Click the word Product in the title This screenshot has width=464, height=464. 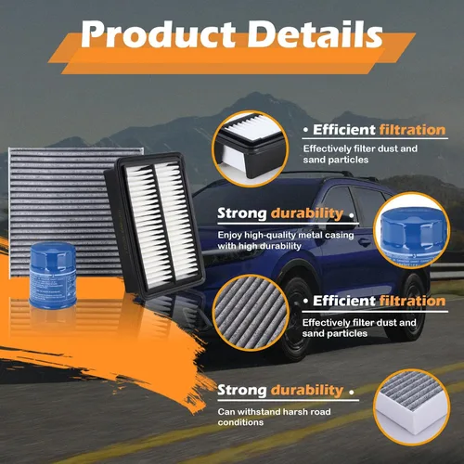click(158, 34)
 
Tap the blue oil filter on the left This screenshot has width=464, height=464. click(53, 275)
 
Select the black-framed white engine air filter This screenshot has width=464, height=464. click(155, 225)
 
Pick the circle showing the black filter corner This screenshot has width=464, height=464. click(250, 148)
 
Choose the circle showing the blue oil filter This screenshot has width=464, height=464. click(411, 230)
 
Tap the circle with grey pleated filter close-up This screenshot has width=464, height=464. click(250, 313)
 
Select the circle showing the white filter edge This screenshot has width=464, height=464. click(411, 407)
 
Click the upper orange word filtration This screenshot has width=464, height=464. click(412, 130)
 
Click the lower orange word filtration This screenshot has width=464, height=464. click(412, 301)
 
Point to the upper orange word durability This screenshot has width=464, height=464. click(307, 213)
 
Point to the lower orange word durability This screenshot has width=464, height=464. click(307, 391)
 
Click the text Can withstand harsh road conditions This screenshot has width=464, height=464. click(274, 417)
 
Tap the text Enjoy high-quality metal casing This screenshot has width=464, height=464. click(286, 235)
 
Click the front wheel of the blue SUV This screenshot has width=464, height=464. click(294, 318)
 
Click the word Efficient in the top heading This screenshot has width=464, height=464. click(344, 130)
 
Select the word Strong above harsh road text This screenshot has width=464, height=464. click(242, 391)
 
